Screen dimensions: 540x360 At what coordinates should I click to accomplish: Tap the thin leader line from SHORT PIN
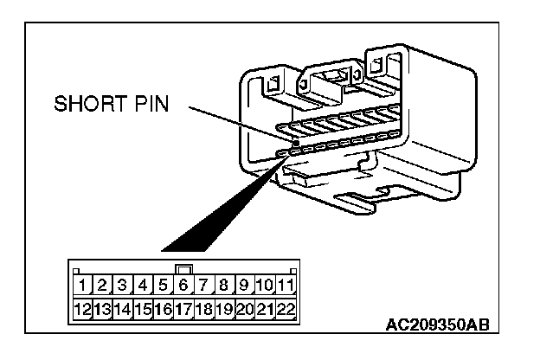[x=234, y=121]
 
